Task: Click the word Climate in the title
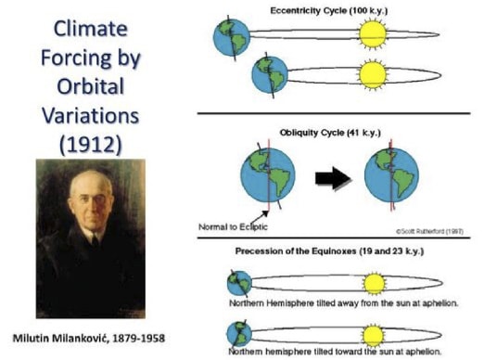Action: tap(91, 29)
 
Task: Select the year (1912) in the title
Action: tap(91, 144)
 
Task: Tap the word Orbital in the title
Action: tap(91, 86)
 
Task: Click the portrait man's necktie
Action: tap(96, 240)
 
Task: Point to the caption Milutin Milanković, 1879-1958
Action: tap(89, 338)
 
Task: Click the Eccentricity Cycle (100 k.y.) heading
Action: tap(329, 11)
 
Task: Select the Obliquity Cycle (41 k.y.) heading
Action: tap(330, 133)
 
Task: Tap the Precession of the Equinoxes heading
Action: tap(329, 251)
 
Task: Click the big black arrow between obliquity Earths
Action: tap(333, 178)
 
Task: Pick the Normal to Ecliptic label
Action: tap(233, 226)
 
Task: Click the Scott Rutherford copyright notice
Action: tap(429, 231)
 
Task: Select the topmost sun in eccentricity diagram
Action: tap(373, 34)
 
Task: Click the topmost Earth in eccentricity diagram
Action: tap(231, 38)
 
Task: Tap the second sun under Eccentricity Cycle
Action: tap(373, 75)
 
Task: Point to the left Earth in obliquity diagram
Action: tap(268, 175)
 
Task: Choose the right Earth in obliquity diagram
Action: tap(391, 175)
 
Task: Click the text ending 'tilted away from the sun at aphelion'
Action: tap(343, 303)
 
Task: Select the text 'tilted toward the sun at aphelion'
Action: tap(335, 352)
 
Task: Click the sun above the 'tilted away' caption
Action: tap(375, 284)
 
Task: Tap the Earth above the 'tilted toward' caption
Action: tap(239, 334)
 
